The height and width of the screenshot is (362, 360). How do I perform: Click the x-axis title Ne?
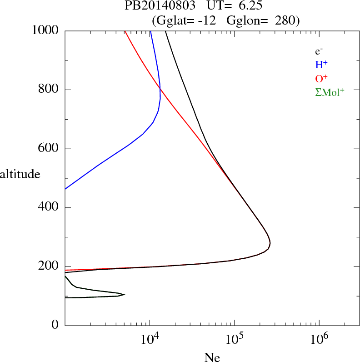click(x=212, y=357)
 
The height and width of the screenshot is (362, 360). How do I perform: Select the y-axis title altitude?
click(x=20, y=174)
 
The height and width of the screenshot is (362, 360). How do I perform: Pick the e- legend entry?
click(x=319, y=51)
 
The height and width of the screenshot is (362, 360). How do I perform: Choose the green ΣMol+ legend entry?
click(x=330, y=92)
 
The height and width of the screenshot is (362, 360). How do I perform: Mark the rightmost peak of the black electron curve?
click(x=270, y=244)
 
